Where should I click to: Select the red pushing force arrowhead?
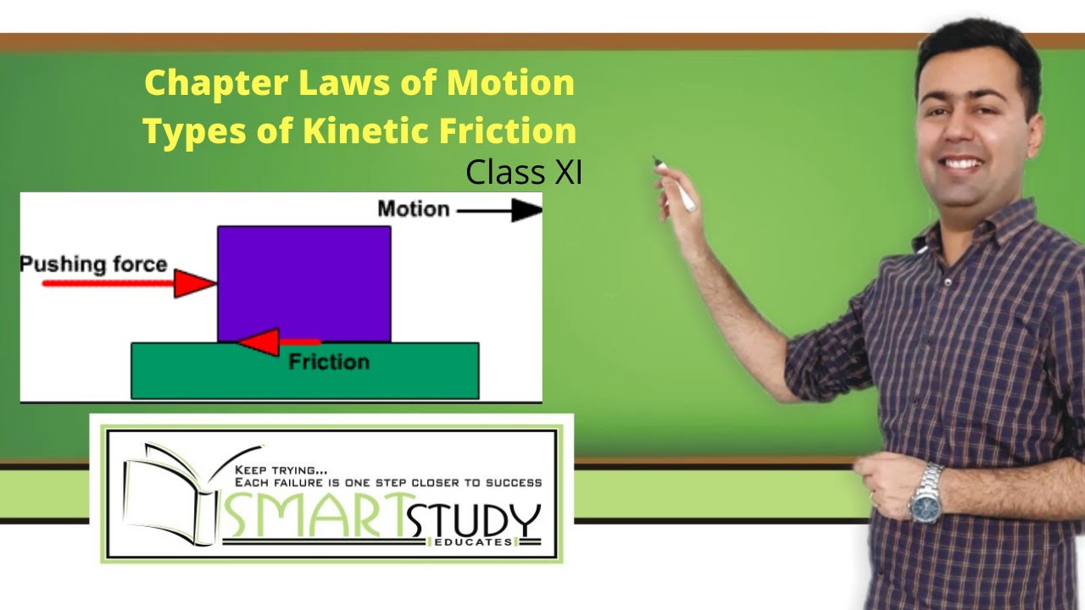click(193, 283)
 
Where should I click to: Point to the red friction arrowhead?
click(258, 342)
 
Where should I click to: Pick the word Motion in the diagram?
click(413, 208)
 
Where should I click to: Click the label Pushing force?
click(93, 264)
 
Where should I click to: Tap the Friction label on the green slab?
click(329, 363)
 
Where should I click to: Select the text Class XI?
click(523, 172)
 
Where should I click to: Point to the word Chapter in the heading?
click(215, 83)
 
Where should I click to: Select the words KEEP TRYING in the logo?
click(281, 469)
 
